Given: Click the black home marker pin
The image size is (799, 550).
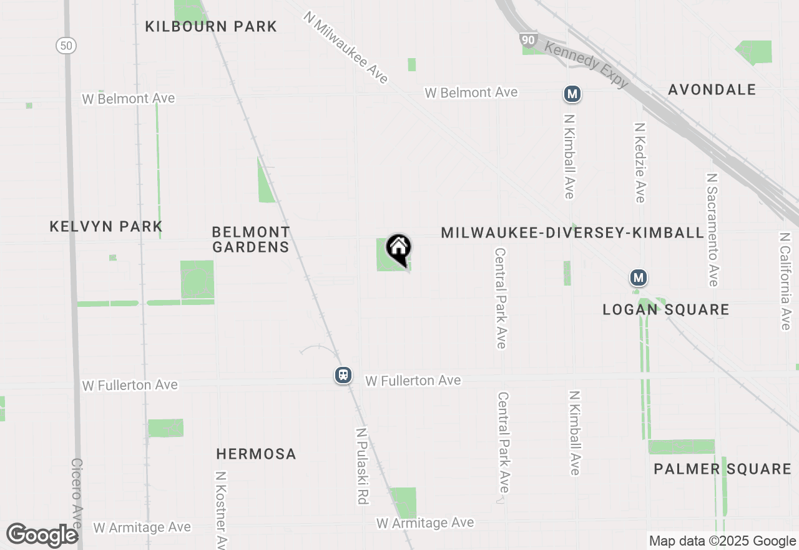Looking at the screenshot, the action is pos(398,249).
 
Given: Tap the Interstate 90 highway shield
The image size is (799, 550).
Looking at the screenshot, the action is pos(527,39).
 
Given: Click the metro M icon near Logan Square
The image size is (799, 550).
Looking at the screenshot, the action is pos(637,277).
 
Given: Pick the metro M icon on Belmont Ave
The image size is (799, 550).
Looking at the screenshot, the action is pos(572,94).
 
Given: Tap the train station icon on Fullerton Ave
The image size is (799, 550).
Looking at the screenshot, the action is pos(343,375).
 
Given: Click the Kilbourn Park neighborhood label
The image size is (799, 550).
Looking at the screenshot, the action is pos(211,26).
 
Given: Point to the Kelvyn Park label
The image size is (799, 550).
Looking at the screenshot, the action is pos(106,226).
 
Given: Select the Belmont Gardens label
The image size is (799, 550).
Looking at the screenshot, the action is pos(250,239).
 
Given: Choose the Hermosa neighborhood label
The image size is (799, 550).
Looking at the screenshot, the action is pos(256,454).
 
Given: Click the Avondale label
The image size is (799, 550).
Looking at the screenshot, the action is pos(712,89).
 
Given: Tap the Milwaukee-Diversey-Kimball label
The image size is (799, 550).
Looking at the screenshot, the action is pos(572,233).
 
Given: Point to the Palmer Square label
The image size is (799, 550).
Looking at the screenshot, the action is pos(722,469).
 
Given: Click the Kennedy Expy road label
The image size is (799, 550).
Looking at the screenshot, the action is pos(586,64).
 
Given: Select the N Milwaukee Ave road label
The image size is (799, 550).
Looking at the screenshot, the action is pos(346,47).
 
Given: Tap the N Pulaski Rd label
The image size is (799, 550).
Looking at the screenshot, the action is pos(361,466).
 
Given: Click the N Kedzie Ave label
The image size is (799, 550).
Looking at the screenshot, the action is pos(639,162).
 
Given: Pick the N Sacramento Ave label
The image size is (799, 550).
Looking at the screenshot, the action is pos(713,229).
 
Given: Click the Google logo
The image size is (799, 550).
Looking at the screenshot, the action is pos(42,535).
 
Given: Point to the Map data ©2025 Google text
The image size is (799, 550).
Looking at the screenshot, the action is pos(722,541).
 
